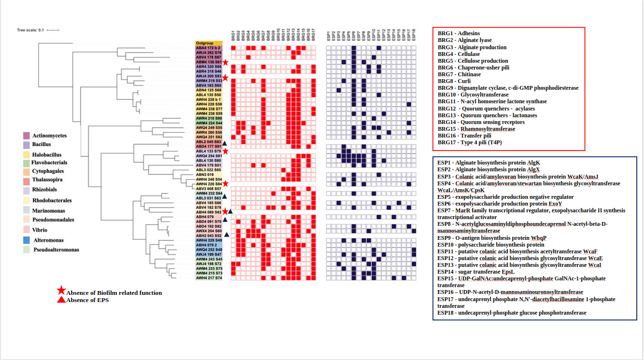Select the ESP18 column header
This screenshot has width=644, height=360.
click(414, 35)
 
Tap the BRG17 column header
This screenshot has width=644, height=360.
click(313, 35)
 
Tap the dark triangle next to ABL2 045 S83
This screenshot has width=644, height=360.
click(225, 141)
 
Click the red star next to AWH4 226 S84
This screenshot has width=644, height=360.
click(225, 184)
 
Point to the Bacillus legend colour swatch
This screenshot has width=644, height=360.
click(27, 144)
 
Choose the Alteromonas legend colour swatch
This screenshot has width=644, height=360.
click(27, 240)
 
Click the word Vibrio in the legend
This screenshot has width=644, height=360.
click(40, 230)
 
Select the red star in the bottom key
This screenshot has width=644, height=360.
click(61, 291)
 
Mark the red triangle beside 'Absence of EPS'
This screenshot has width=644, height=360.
click(61, 300)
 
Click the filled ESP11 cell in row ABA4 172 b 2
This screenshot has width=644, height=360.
click(379, 48)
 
